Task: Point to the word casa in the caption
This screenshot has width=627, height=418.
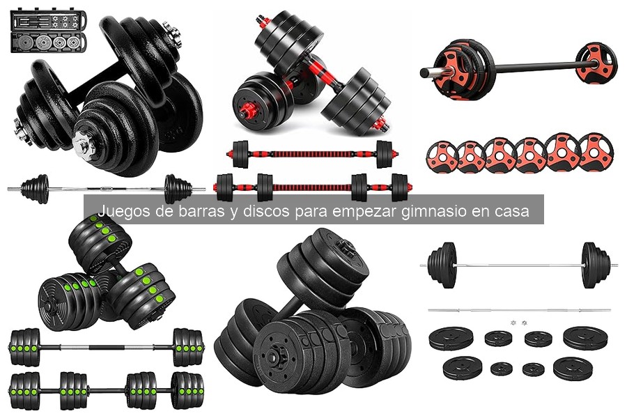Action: tap(511, 211)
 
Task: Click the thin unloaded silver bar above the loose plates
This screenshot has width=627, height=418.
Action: tap(519, 310)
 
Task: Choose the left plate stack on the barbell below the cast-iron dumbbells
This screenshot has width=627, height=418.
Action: tap(35, 188)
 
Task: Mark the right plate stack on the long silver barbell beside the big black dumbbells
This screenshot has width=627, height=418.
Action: tap(595, 265)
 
